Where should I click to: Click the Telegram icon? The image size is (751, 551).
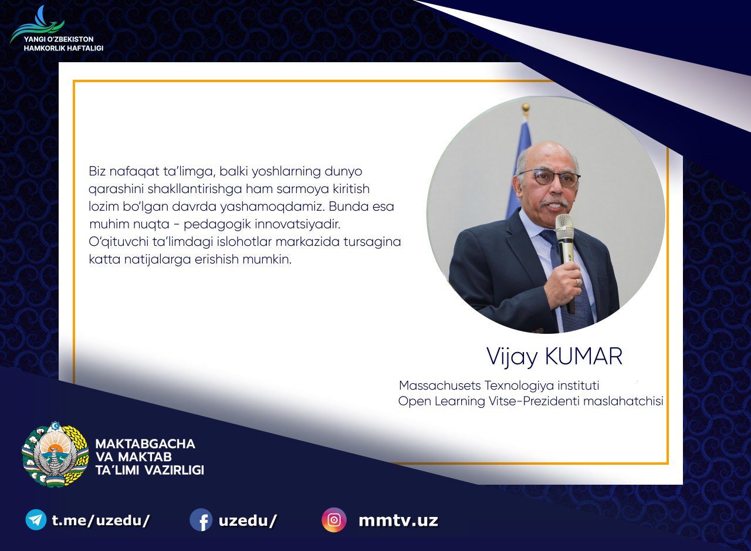[36, 520]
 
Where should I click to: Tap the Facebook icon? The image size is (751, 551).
[201, 520]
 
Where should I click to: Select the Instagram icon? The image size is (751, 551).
[334, 520]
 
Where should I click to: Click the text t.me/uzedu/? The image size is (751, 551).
[100, 520]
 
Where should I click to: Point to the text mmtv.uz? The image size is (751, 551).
[398, 520]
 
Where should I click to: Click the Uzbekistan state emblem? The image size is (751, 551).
[55, 454]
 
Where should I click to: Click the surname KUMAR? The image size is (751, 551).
[584, 356]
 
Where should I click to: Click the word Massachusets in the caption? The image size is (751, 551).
[440, 386]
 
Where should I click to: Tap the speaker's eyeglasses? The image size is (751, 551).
[550, 178]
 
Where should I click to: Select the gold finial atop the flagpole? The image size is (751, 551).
[526, 109]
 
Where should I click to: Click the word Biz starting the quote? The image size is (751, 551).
[97, 171]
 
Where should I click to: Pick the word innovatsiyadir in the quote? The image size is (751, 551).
[297, 224]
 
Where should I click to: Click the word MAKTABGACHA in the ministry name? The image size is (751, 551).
[145, 444]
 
